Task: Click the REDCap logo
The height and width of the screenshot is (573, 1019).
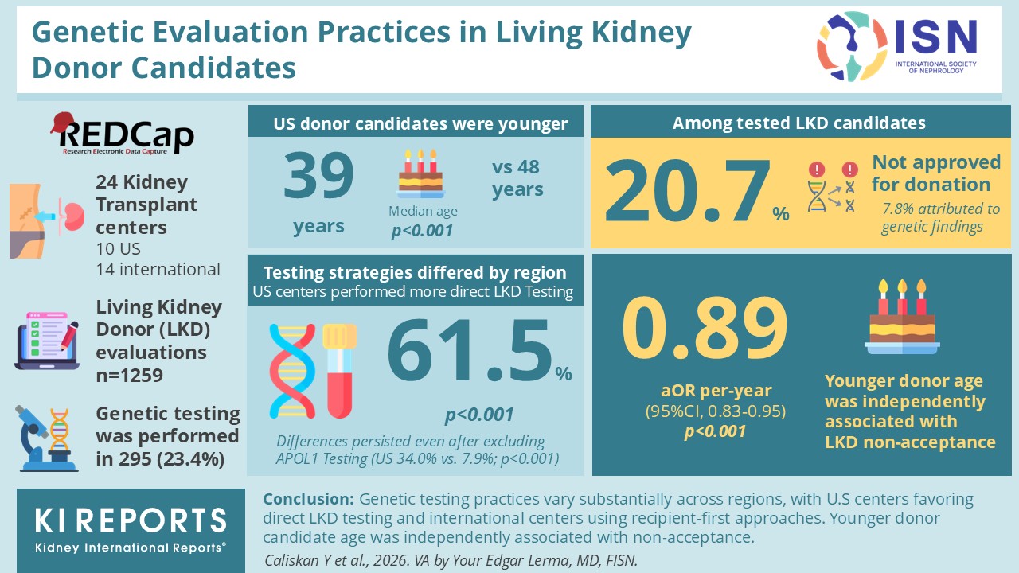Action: point(122,134)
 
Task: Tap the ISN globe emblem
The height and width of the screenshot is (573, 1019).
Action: point(852,46)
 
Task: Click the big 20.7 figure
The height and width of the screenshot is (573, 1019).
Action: point(687,190)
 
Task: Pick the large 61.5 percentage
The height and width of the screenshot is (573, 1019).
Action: point(470,350)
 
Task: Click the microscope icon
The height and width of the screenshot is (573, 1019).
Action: point(46,439)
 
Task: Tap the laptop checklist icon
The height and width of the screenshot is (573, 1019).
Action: point(47,341)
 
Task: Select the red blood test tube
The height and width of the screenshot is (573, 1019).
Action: point(340,371)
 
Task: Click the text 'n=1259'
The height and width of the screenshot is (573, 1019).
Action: point(129,376)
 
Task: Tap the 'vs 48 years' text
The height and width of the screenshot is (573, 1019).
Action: point(517,178)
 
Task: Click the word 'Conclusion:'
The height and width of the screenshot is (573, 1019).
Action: point(308,499)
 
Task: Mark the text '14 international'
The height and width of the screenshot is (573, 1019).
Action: point(158,269)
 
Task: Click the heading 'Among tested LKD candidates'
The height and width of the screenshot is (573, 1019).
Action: point(799,123)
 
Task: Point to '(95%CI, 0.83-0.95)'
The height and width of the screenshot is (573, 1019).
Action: point(716,411)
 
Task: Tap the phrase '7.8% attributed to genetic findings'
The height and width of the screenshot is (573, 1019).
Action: point(941,217)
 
